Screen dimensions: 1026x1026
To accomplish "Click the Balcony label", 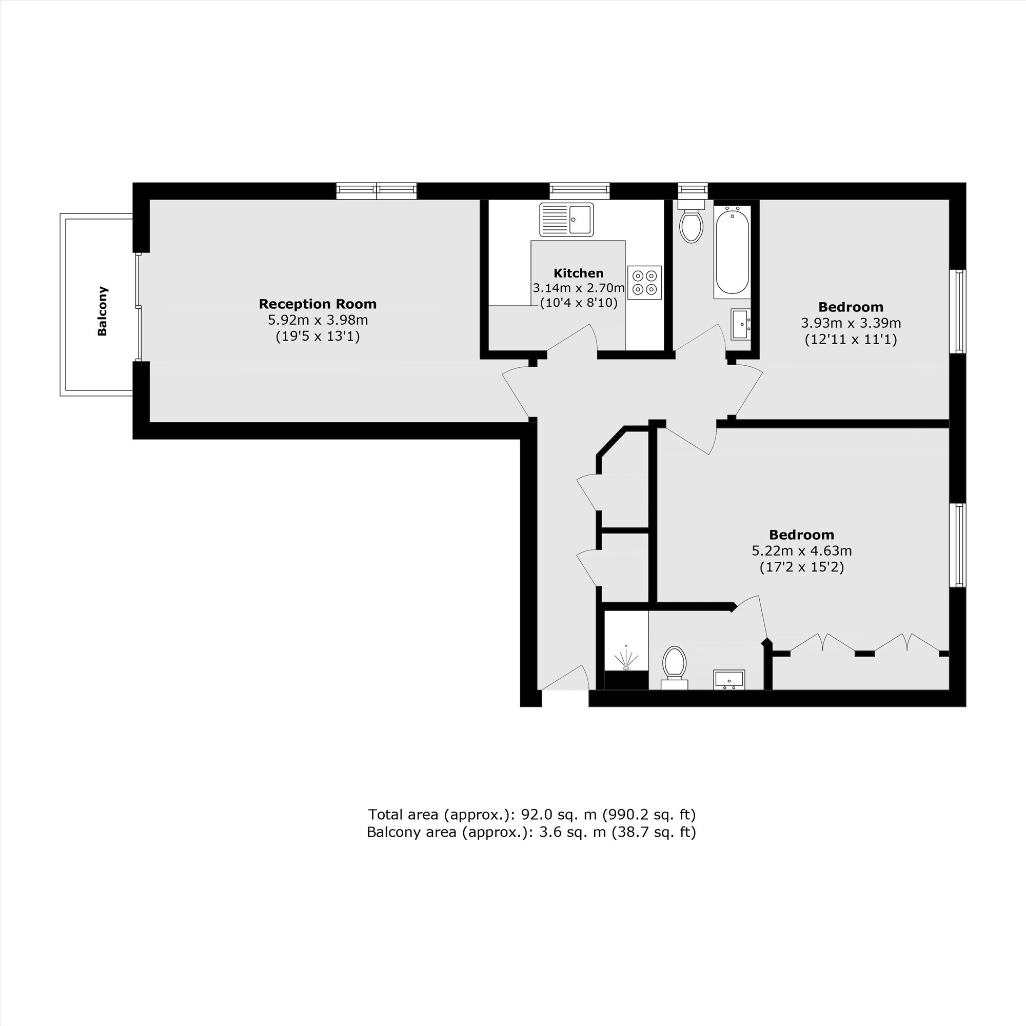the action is coord(103,311).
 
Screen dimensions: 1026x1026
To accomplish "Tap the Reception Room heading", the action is coord(318,304).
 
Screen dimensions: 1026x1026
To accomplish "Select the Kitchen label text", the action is coord(578,273).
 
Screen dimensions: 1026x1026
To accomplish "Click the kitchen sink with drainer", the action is coord(566,220).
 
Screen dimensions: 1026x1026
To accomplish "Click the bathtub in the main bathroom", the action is coord(733,251).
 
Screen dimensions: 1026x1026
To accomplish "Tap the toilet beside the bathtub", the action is coord(691,221).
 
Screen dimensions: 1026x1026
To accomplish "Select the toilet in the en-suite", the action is coord(675,667).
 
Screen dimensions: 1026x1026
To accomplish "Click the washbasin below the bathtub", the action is coord(741,324).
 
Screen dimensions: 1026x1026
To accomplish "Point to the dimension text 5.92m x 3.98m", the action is coord(318,320).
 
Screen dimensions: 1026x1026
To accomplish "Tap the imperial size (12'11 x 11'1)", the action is coord(851,339).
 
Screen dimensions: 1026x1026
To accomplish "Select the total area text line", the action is coord(531,814).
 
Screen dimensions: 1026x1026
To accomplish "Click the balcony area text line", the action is coord(531,832).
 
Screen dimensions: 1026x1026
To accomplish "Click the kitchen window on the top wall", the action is coord(579,191).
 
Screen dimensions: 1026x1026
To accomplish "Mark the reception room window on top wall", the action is coord(377,191).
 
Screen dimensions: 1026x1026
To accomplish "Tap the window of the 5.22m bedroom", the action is coord(957,545).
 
